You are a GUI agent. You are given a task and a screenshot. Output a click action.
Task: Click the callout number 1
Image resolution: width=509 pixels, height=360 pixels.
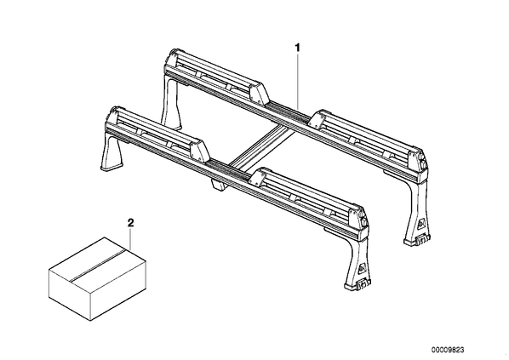point(297,48)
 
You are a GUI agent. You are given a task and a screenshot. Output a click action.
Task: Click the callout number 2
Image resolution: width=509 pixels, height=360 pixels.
point(130,223)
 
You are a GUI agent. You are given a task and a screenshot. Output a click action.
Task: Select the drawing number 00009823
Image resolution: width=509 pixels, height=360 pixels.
point(448,350)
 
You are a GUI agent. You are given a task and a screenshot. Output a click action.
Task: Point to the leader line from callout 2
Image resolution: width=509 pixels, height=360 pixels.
point(130,239)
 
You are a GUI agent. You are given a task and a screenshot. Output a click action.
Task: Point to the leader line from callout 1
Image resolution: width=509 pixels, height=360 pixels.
point(297,82)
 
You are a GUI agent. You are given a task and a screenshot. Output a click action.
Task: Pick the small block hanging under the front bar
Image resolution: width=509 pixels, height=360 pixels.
point(218,186)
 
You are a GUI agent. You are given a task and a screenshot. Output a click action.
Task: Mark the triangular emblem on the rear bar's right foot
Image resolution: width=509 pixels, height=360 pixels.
point(421,223)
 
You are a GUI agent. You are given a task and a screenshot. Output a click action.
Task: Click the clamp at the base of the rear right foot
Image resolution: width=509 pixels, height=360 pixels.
point(422,238)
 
